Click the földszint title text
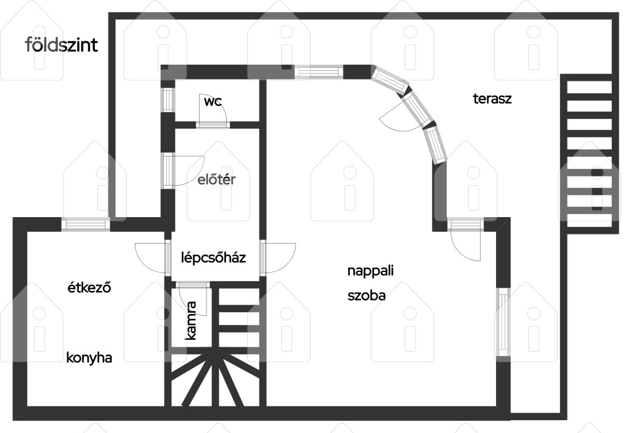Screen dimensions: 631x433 tap(61, 44)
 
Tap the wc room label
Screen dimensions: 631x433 tap(213, 102)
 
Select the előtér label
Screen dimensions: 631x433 tap(216, 179)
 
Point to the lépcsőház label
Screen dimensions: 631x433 tap(213, 257)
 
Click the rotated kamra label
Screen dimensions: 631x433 tap(191, 321)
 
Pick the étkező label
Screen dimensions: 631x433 tap(89, 287)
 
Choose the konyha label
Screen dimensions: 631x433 tap(89, 358)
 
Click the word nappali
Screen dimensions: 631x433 tap(370, 271)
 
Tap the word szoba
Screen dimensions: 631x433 tap(367, 295)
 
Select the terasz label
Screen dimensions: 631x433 tap(492, 99)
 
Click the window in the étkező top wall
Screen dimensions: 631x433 tap(86, 225)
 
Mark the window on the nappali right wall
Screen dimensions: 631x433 tap(503, 322)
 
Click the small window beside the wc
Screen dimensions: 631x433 tap(168, 99)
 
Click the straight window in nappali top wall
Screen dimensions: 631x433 tap(319, 72)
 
